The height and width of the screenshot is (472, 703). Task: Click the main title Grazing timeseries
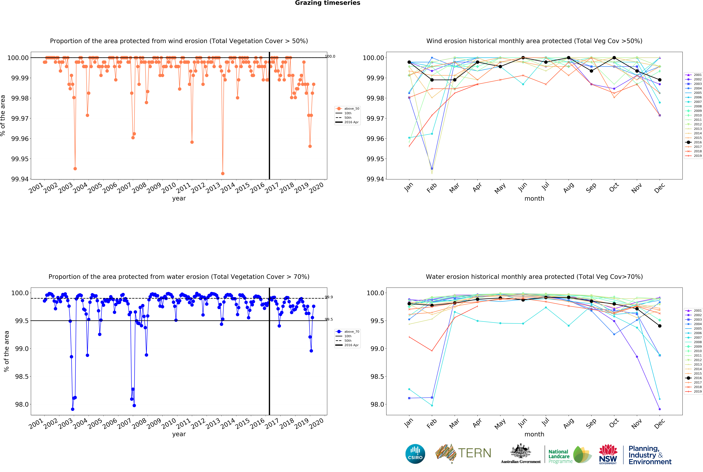327,3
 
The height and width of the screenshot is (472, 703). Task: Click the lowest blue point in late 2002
73,409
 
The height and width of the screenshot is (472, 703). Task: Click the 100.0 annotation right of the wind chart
330,56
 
